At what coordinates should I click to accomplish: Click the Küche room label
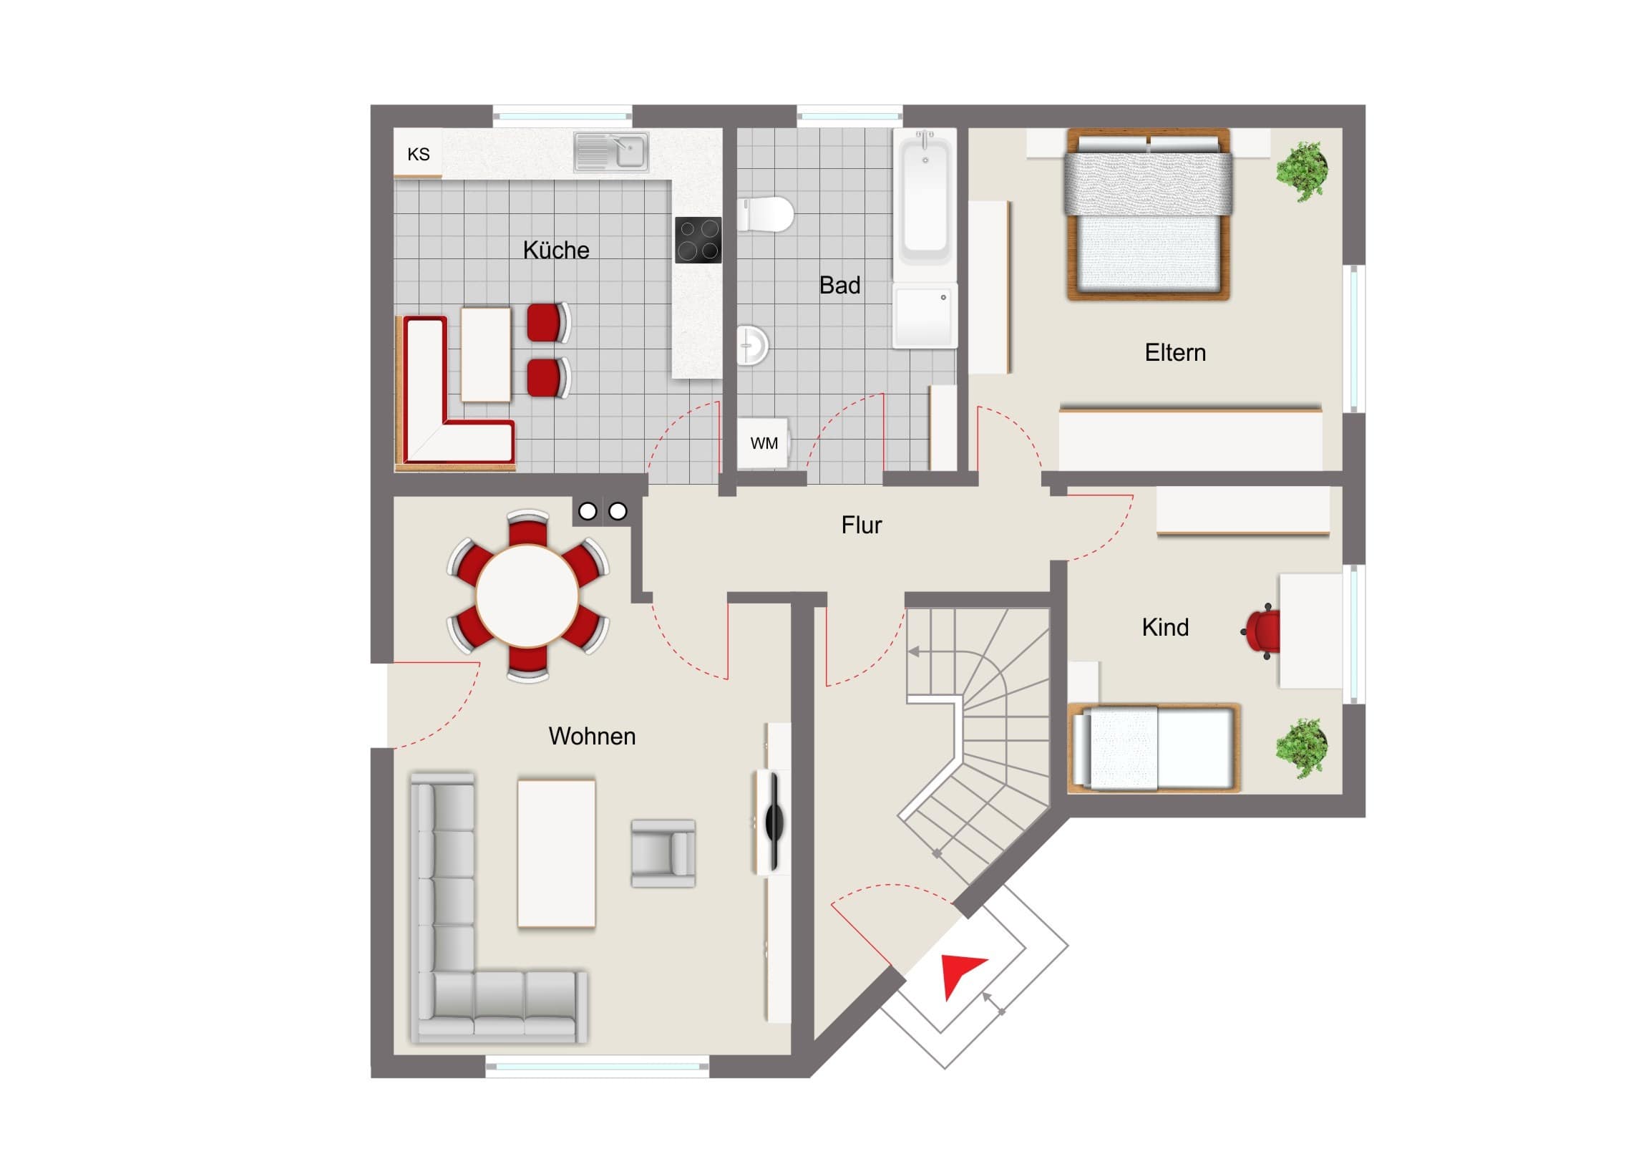click(x=555, y=251)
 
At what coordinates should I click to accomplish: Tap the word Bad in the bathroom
click(x=839, y=286)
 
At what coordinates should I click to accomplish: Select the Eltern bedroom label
click(x=1175, y=353)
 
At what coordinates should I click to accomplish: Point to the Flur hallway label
click(x=861, y=525)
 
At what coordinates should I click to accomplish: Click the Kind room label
click(x=1165, y=628)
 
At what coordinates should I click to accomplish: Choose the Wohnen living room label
click(x=592, y=737)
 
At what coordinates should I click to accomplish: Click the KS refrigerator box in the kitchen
click(x=418, y=153)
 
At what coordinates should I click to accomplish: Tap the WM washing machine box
click(x=764, y=443)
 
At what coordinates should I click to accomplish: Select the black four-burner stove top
click(x=698, y=240)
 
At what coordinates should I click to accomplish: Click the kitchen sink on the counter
click(x=610, y=152)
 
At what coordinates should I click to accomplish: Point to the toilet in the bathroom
click(x=766, y=215)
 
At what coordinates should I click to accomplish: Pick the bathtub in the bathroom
click(x=925, y=205)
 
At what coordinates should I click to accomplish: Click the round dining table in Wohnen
click(x=527, y=596)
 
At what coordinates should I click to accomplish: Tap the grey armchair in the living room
click(x=663, y=853)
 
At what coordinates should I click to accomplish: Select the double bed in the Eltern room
click(x=1149, y=214)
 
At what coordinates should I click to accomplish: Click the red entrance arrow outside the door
click(x=962, y=973)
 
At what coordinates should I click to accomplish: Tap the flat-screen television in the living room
click(x=775, y=823)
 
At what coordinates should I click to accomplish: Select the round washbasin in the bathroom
click(x=753, y=346)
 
